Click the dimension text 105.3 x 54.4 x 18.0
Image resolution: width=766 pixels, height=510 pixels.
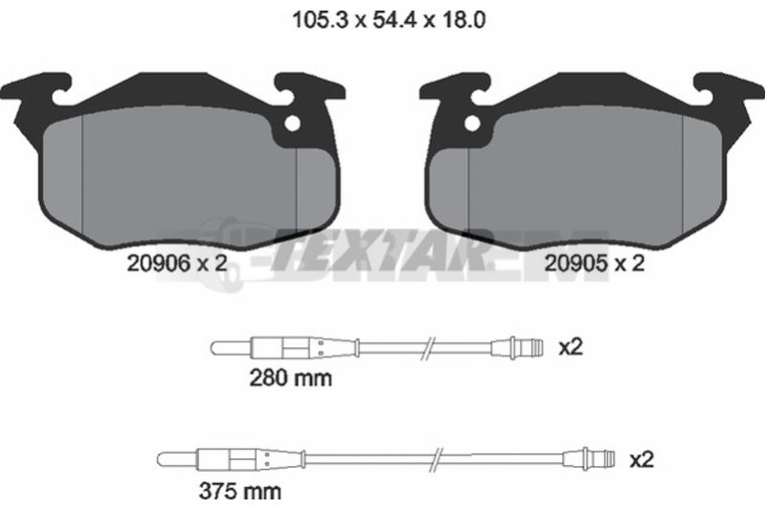tap(389, 20)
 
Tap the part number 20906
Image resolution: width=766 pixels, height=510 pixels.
tap(158, 264)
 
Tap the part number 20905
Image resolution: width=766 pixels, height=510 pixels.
tap(575, 264)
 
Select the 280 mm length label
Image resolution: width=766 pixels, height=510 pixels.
tap(290, 378)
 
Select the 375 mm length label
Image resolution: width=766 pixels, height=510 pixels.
tap(240, 491)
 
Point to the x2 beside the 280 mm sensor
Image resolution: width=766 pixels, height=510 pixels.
tap(571, 348)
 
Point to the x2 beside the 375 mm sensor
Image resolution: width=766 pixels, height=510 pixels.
tap(642, 459)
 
